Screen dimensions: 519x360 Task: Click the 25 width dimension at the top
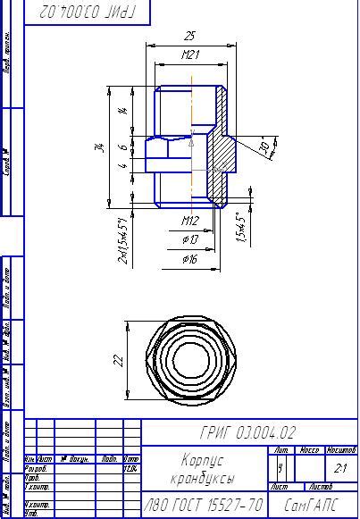188,37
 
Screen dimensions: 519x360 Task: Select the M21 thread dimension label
189,56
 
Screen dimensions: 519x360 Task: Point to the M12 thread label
189,220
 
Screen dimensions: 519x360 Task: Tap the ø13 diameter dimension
189,239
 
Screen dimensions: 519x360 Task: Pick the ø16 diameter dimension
189,259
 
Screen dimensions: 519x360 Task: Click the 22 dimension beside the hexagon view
117,360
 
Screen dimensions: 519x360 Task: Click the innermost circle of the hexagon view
189,361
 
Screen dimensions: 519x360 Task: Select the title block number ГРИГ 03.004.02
249,433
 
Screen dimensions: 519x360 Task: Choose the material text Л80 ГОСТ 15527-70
205,506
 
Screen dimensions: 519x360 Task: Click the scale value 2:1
340,467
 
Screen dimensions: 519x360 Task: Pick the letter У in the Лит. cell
280,467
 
